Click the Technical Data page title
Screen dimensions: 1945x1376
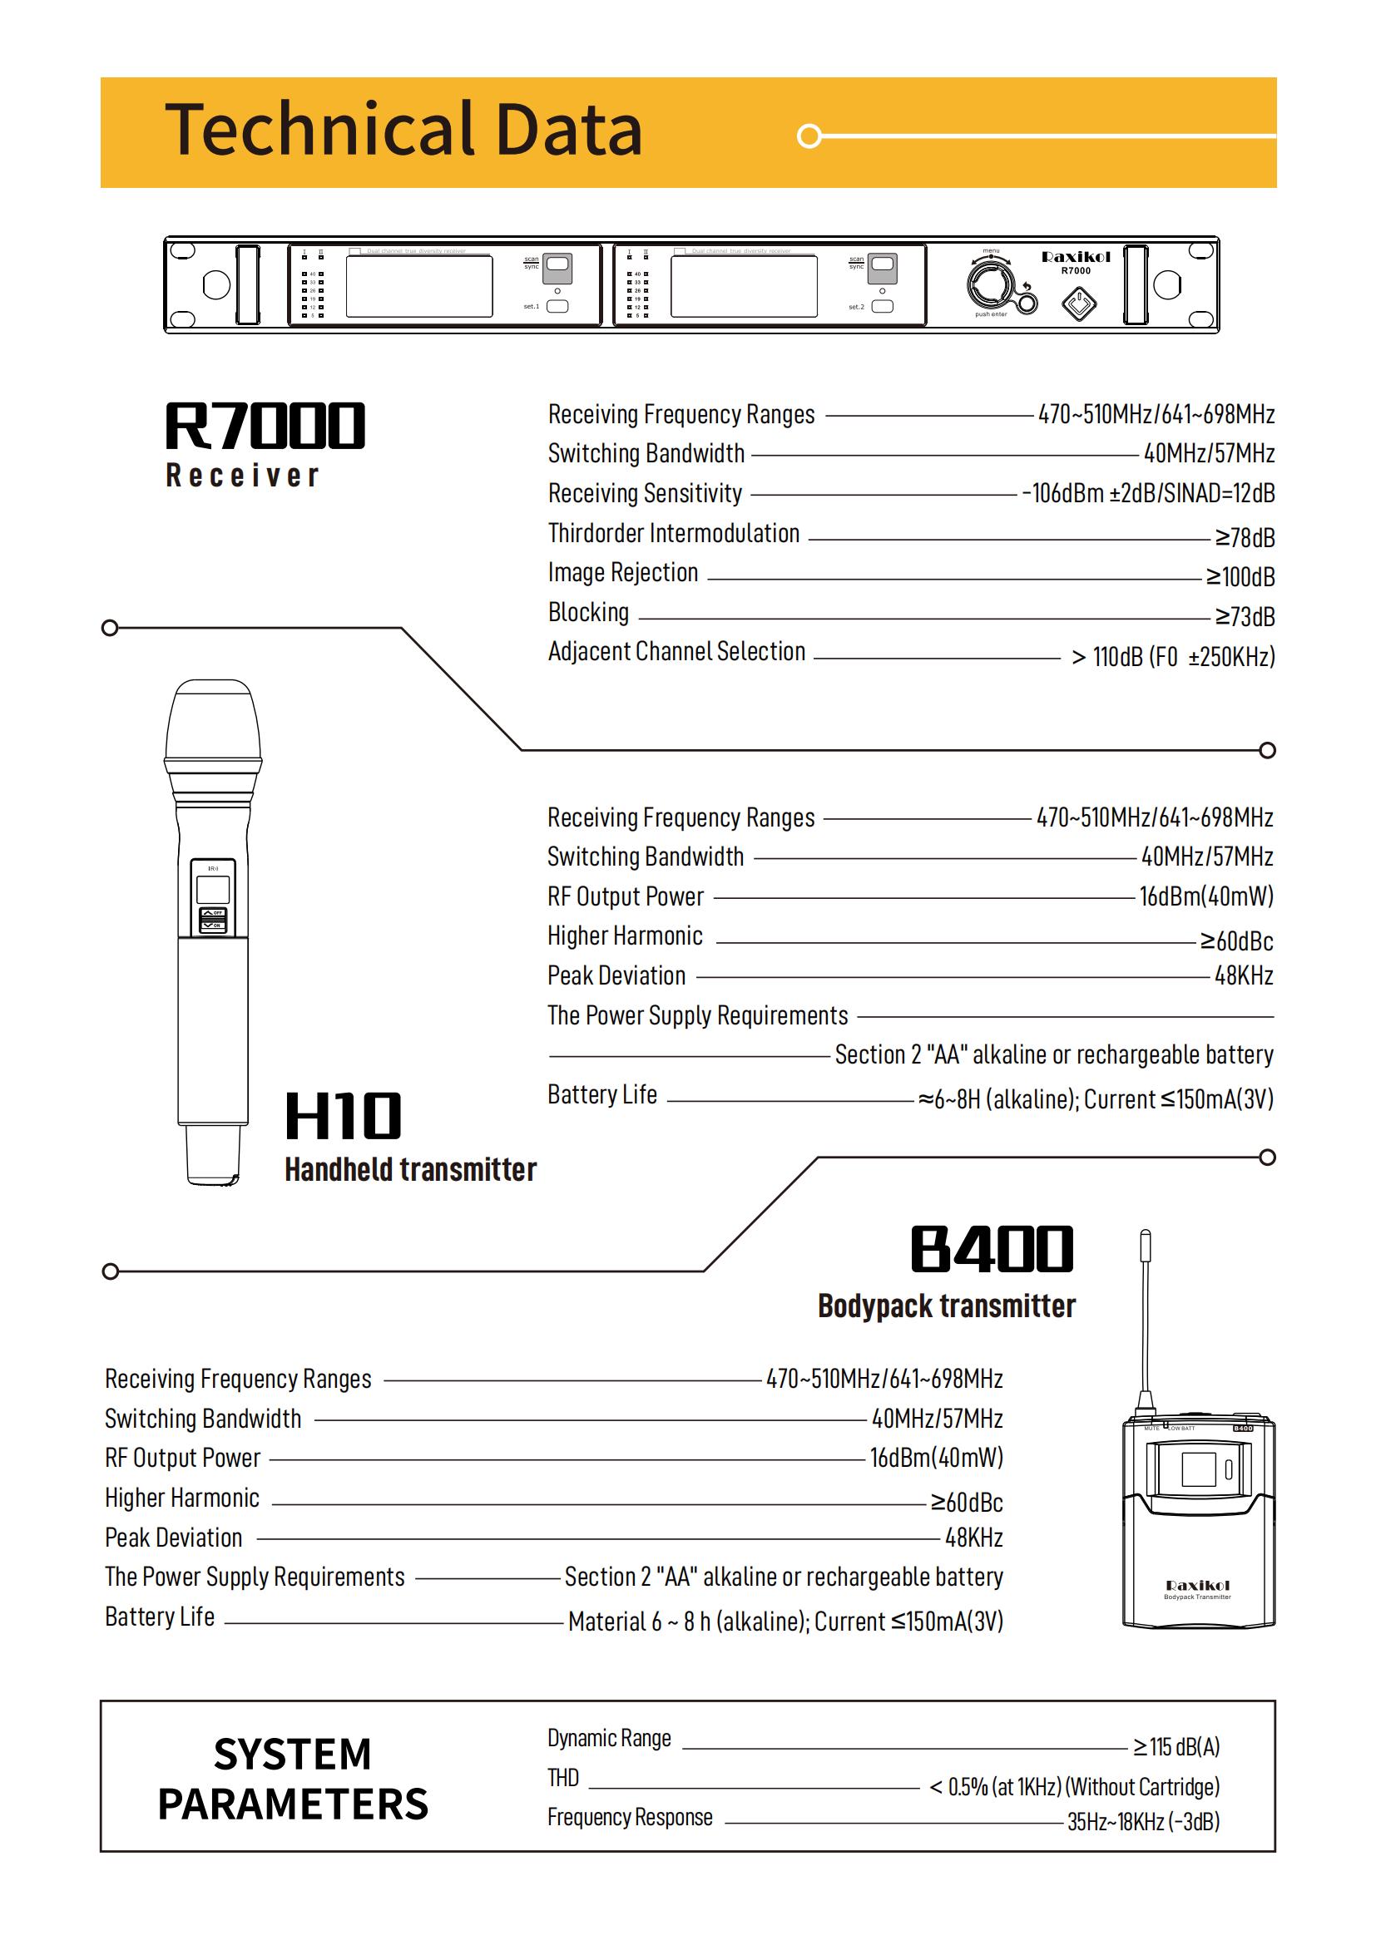click(x=403, y=130)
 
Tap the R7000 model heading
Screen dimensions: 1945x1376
click(x=265, y=425)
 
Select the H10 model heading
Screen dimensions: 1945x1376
click(x=343, y=1116)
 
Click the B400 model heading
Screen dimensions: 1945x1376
click(x=992, y=1250)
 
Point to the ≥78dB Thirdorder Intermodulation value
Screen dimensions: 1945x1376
click(x=1245, y=538)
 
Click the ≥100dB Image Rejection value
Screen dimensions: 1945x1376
click(x=1240, y=577)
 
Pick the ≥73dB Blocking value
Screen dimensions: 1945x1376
click(x=1245, y=617)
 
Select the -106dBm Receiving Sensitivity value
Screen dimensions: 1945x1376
click(x=1148, y=493)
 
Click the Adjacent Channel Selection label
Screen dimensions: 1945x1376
click(x=676, y=651)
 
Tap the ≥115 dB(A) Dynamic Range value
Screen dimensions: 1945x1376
click(x=1177, y=1747)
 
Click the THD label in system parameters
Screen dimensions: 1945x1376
click(x=562, y=1778)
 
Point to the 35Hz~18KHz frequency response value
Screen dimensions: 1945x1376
click(x=1143, y=1822)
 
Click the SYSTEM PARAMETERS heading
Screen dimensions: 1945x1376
click(x=292, y=1779)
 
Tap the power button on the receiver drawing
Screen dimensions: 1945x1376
click(x=1079, y=305)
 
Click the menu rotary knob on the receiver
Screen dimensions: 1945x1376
click(x=991, y=284)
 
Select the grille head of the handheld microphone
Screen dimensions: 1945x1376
click(x=213, y=720)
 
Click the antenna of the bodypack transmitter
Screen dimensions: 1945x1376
click(x=1146, y=1313)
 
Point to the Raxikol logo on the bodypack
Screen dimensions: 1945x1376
click(x=1197, y=1586)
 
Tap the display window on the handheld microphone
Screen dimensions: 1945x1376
click(x=213, y=891)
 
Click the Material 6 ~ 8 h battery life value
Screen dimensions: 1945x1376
click(x=785, y=1622)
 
